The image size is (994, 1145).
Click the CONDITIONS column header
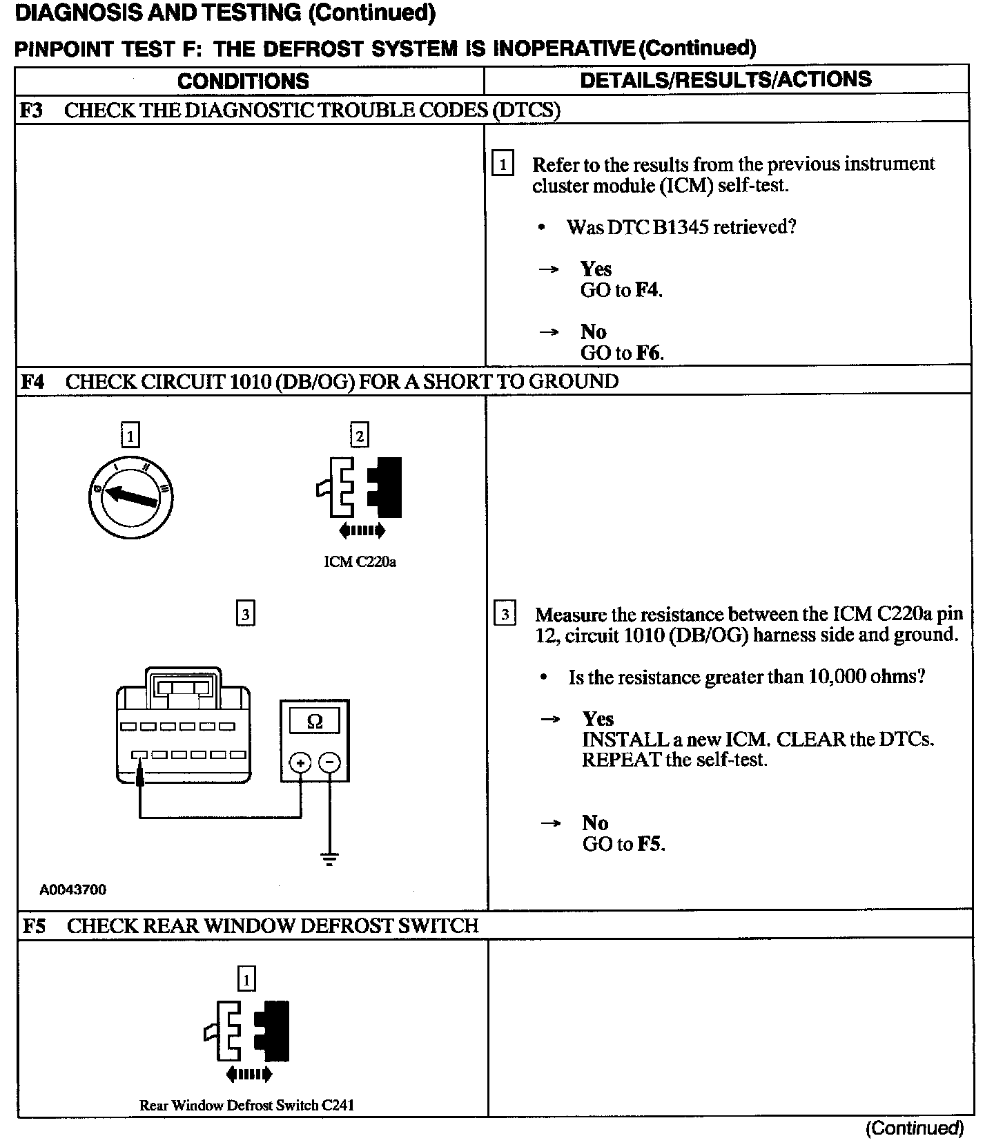pos(243,81)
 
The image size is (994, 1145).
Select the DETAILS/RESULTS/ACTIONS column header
pos(725,79)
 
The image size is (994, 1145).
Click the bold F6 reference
pos(648,353)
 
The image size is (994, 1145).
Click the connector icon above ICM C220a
pos(360,488)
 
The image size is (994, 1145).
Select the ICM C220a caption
pos(360,561)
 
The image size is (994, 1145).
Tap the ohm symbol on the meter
pos(314,722)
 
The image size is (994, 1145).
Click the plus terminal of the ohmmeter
pos(300,762)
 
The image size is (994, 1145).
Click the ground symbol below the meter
pos(330,860)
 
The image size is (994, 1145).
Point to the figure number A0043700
pos(72,889)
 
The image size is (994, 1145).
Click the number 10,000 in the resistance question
pos(836,677)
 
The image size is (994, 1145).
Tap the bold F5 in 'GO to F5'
pos(650,844)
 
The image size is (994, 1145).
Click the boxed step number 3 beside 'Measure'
pos(505,614)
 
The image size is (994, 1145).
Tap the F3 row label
pos(32,110)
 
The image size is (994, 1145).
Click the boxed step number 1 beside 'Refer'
pos(503,164)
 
